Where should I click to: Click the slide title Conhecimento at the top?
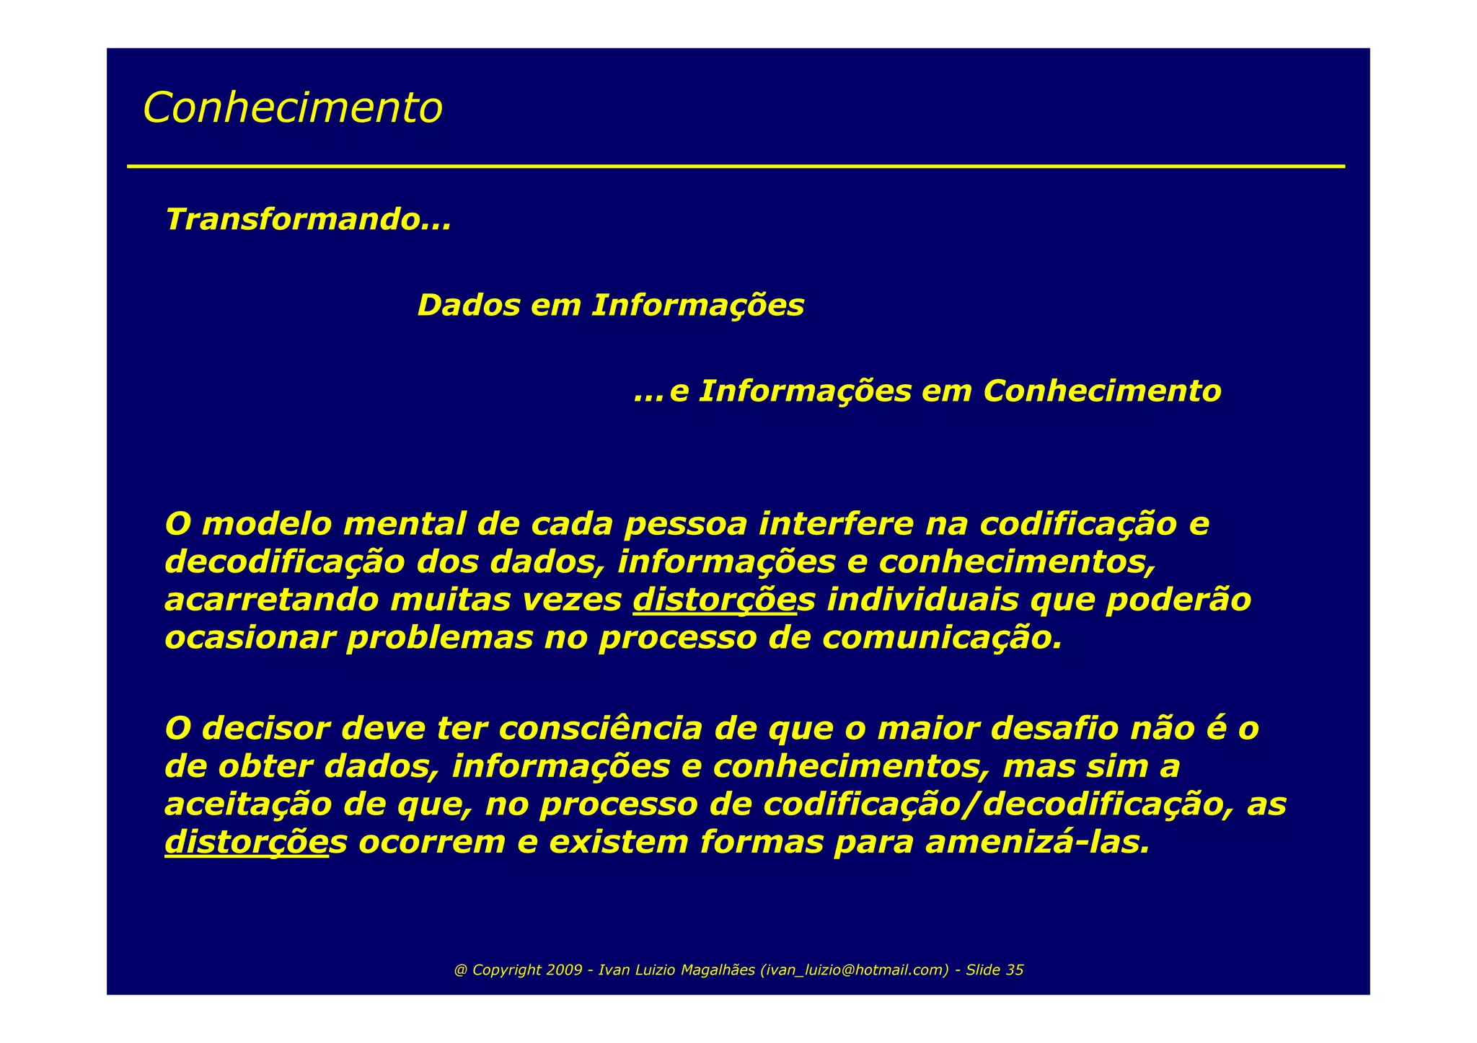coord(292,108)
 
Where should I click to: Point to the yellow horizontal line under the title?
coord(736,167)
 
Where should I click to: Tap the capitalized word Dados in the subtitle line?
coord(468,306)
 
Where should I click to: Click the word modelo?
coord(264,524)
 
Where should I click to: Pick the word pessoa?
coord(685,524)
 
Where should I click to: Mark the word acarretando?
coord(271,600)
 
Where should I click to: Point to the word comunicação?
coord(941,639)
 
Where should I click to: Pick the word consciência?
coord(599,729)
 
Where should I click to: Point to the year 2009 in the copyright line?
coord(564,970)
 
